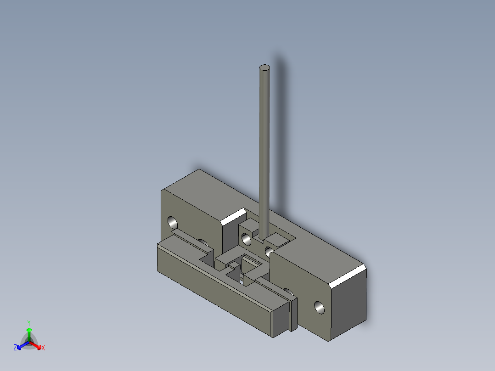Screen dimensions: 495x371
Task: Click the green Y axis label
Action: coord(29,323)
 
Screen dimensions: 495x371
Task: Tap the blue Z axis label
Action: coord(15,347)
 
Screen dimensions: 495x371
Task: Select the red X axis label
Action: coord(43,348)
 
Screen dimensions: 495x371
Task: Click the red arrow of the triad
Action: coord(35,345)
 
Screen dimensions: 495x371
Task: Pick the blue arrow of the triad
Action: coord(23,345)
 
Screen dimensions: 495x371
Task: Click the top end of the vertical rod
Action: coord(264,67)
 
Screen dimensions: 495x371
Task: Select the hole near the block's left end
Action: coord(172,223)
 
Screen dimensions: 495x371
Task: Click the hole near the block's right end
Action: coord(319,308)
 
